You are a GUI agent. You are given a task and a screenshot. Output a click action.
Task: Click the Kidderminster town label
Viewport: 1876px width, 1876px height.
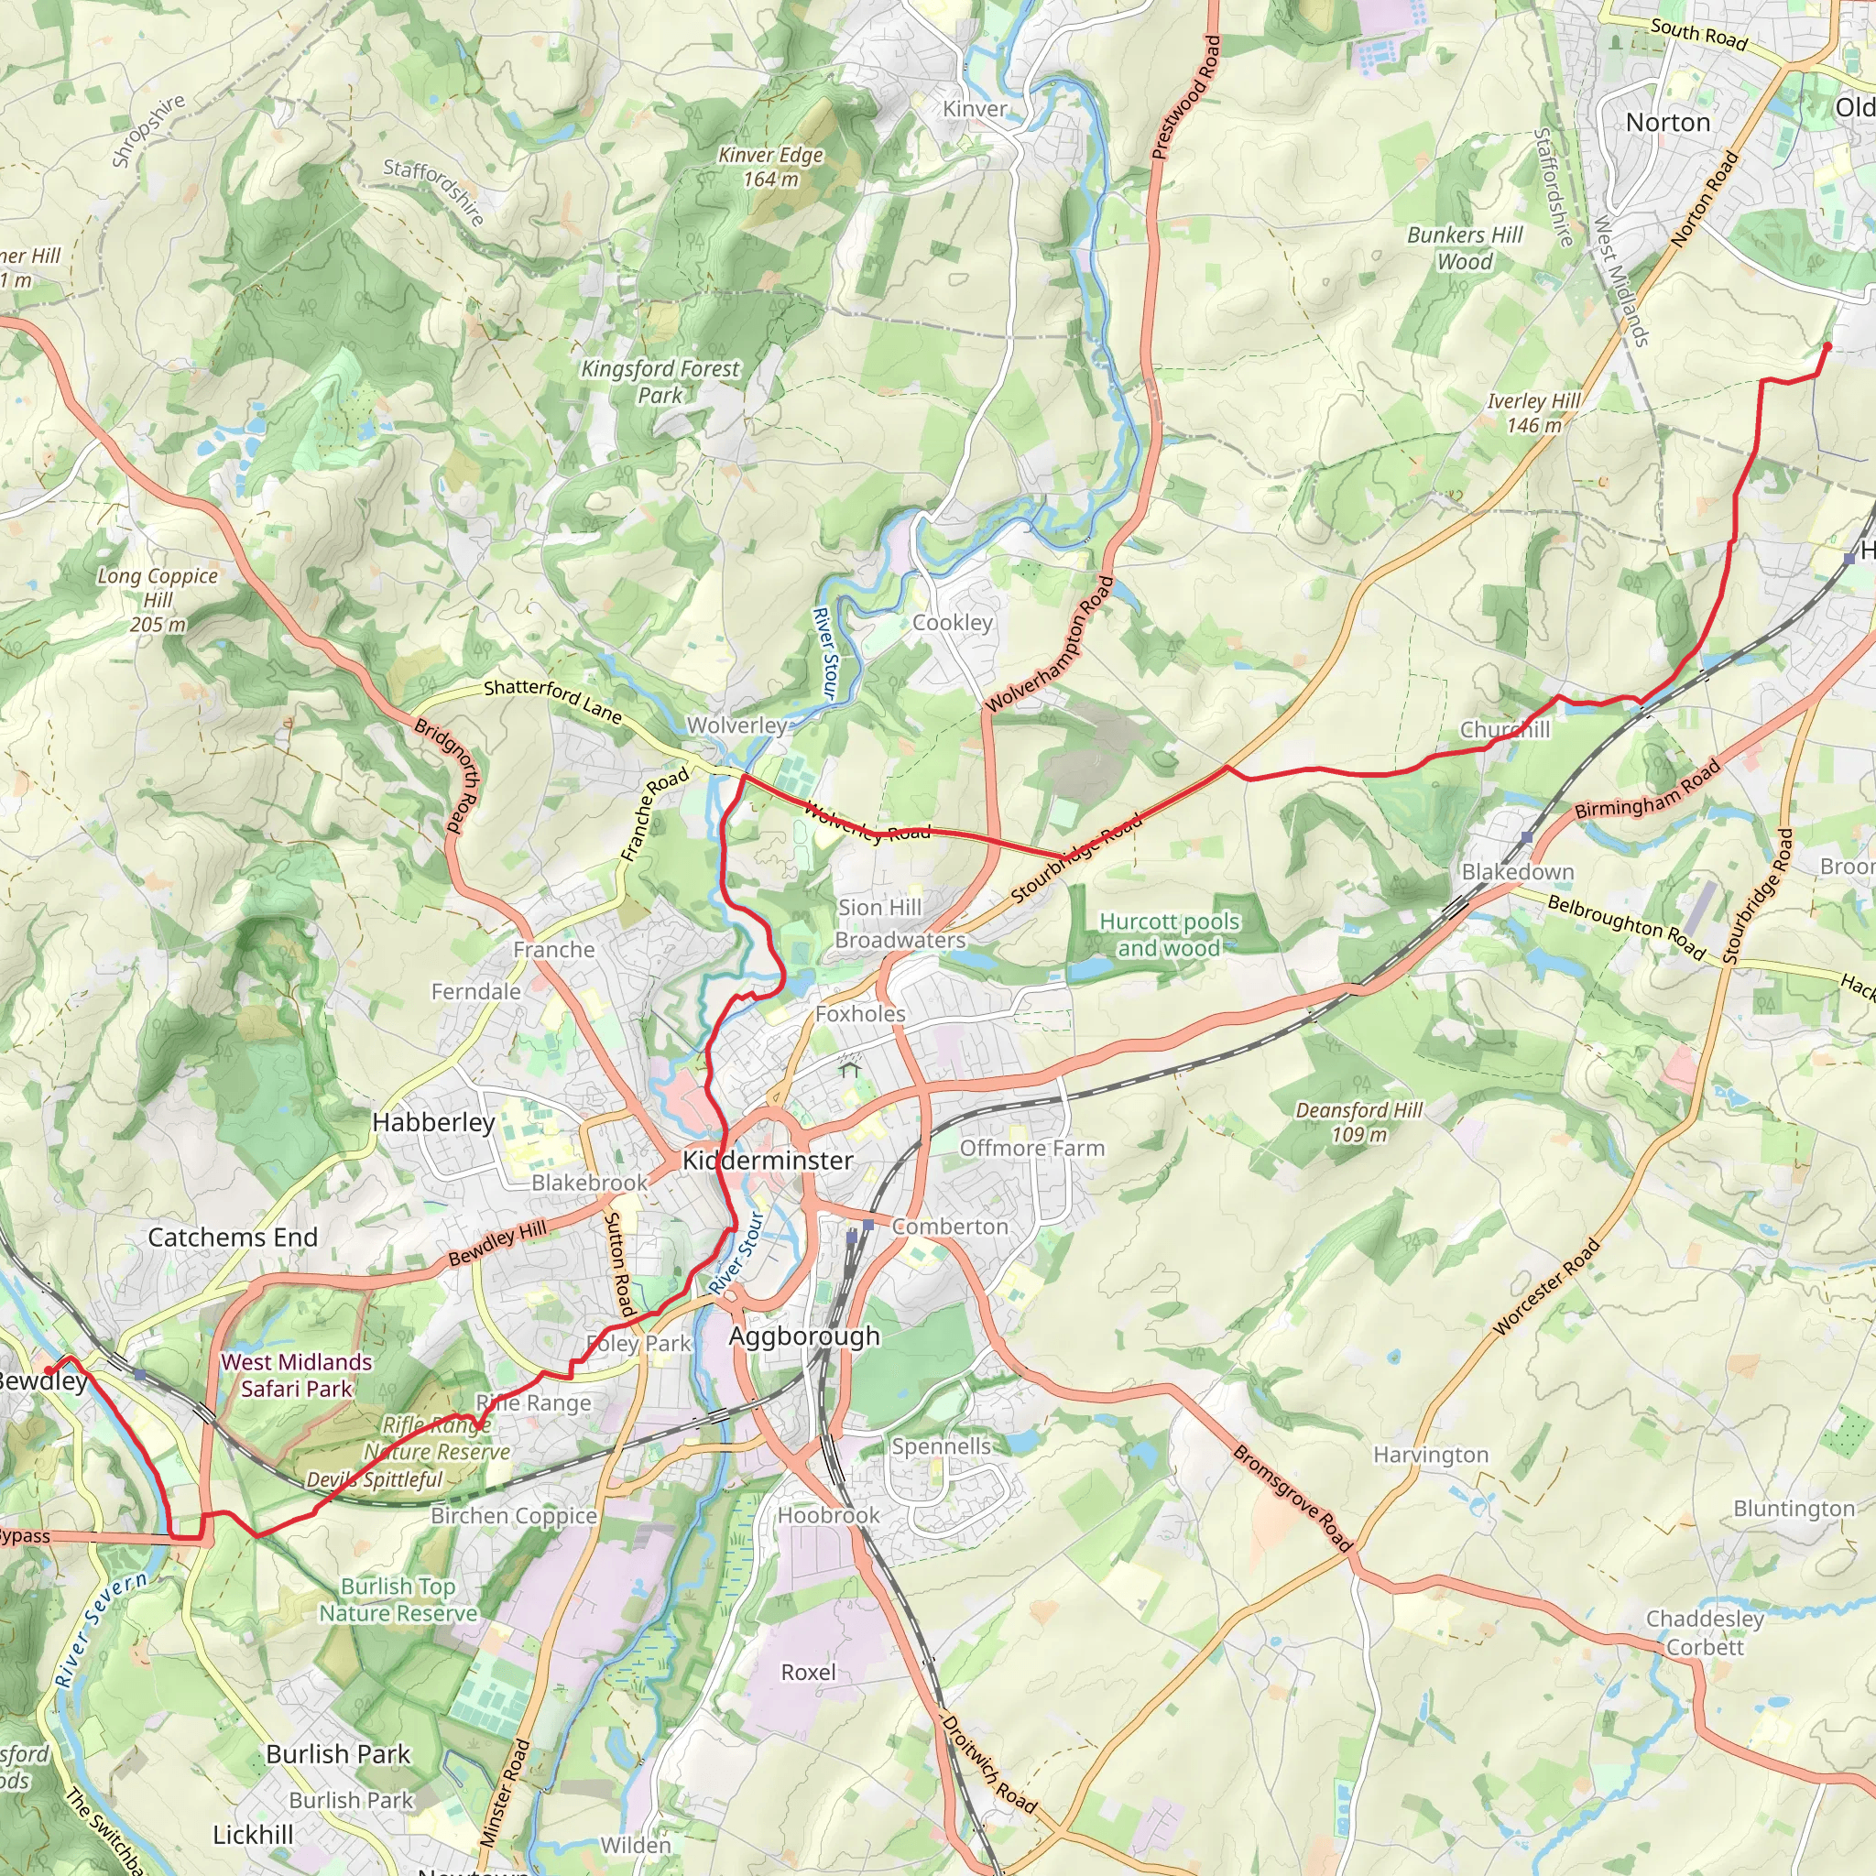(767, 1161)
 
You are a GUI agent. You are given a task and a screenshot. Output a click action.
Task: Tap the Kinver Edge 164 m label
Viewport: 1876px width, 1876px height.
(771, 167)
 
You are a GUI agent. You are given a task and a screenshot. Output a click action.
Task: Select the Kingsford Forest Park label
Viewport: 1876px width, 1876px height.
(660, 382)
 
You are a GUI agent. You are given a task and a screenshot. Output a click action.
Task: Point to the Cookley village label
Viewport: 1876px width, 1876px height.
(953, 622)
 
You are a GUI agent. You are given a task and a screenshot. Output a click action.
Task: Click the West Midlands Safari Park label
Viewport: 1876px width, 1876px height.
(296, 1375)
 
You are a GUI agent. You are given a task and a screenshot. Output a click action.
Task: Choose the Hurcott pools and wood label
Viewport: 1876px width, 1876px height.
(1169, 934)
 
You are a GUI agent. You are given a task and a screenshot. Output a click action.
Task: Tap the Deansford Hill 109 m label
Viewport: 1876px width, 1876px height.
(1358, 1121)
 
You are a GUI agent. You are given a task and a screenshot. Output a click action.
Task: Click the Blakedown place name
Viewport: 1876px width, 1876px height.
(1518, 872)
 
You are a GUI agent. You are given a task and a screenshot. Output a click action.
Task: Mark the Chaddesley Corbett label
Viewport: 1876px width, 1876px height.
(1704, 1632)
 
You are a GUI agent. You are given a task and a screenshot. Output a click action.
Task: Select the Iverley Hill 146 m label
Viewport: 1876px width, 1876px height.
(1533, 413)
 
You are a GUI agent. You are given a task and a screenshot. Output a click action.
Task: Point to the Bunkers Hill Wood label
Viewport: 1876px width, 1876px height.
(1466, 247)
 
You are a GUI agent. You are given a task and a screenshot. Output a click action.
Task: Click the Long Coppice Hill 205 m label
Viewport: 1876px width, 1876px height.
(158, 600)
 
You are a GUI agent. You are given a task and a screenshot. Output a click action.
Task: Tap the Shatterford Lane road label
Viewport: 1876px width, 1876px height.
(552, 700)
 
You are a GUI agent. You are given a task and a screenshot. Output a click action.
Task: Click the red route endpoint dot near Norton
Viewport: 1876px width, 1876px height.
(1827, 345)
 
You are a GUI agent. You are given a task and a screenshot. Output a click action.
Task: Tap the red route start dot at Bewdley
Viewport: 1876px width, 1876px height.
(48, 1371)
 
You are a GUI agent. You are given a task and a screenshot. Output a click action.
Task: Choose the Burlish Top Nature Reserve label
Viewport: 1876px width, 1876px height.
(398, 1599)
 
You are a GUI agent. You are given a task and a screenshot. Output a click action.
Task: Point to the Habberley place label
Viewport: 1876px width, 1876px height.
(433, 1122)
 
